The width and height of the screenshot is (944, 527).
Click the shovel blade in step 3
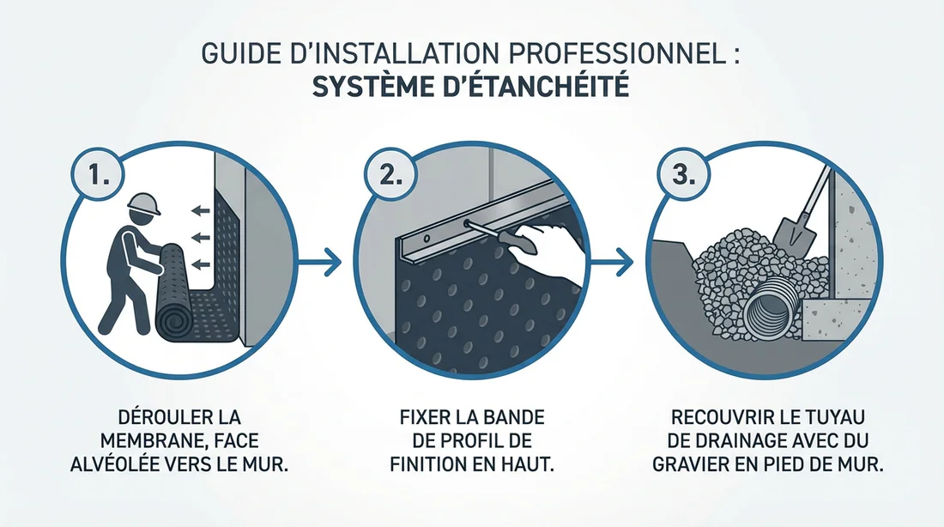(x=790, y=233)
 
